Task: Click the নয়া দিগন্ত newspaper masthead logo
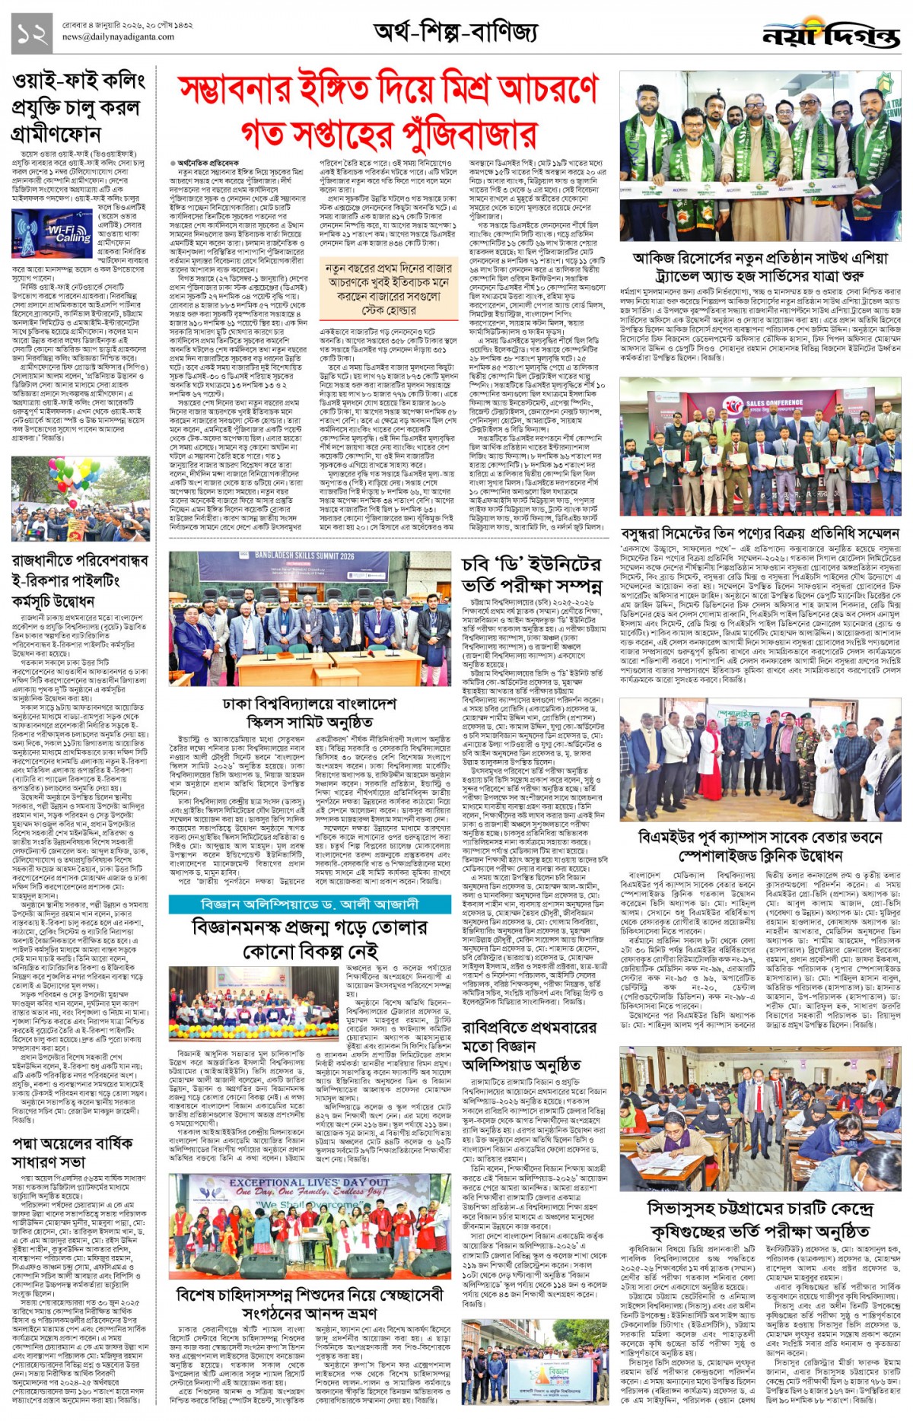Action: click(830, 33)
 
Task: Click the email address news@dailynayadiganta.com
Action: click(117, 37)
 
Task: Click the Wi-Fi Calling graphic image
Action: click(43, 233)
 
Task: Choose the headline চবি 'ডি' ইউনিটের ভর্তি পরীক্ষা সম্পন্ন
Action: click(532, 574)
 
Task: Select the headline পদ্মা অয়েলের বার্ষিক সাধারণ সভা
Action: click(73, 1152)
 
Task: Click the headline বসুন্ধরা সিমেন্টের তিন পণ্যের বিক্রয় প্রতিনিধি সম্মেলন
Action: click(760, 533)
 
